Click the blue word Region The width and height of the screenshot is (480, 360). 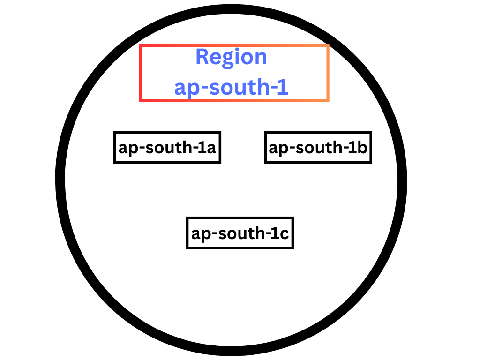tap(231, 58)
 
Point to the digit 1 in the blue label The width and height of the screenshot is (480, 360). tap(283, 88)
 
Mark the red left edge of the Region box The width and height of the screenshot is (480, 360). tap(141, 73)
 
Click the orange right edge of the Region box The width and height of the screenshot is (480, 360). tap(328, 73)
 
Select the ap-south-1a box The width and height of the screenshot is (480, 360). tap(167, 147)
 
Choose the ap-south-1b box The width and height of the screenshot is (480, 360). tap(318, 147)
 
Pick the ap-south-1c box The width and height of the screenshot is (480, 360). tap(240, 232)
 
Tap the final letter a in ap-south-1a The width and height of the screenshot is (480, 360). tap(211, 148)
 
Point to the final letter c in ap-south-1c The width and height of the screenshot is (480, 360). tap(284, 233)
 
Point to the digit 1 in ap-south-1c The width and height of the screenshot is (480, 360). tap(275, 233)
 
